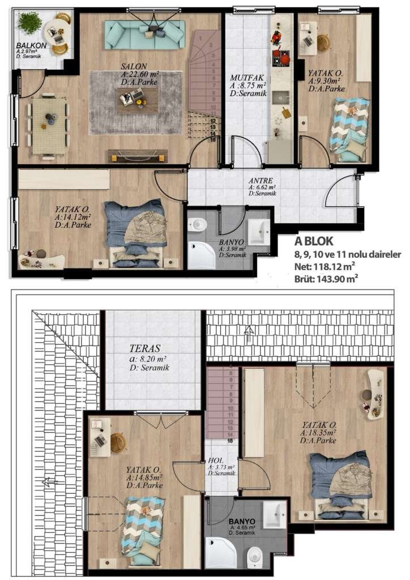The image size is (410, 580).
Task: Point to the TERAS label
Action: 144,348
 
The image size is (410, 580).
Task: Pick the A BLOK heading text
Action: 314,241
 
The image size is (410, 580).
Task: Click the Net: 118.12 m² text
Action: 324,266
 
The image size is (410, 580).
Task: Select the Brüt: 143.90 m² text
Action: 326,278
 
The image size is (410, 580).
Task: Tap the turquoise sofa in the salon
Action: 145,35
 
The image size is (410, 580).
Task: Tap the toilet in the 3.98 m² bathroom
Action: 198,225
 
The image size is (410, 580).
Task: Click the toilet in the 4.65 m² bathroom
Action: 255,555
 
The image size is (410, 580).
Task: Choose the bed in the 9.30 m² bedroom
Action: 350,126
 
